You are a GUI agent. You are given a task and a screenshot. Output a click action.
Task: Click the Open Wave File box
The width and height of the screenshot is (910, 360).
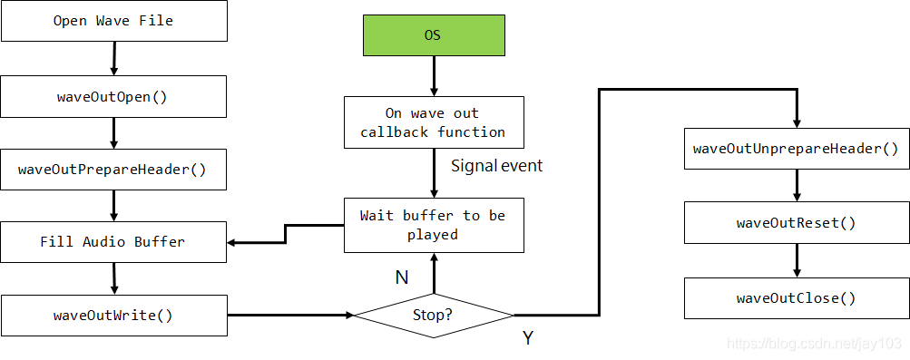pyautogui.click(x=113, y=21)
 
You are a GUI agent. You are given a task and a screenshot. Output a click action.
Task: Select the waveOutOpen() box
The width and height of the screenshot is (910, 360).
pyautogui.click(x=113, y=95)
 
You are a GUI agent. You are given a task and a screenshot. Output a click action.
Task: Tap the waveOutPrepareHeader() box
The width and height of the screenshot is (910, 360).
pyautogui.click(x=113, y=169)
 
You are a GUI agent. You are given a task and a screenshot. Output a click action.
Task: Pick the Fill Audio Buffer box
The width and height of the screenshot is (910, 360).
pyautogui.click(x=113, y=242)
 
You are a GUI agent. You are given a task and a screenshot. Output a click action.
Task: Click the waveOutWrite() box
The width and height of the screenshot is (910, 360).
pyautogui.click(x=113, y=316)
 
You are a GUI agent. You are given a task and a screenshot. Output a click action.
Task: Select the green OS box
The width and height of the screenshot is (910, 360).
pyautogui.click(x=434, y=36)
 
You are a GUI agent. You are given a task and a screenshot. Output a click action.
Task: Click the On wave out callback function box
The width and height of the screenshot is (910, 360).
pyautogui.click(x=434, y=122)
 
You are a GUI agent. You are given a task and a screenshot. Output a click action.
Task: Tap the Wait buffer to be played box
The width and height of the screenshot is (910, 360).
pyautogui.click(x=434, y=225)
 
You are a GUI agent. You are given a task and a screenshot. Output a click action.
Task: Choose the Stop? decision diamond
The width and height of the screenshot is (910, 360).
pyautogui.click(x=434, y=316)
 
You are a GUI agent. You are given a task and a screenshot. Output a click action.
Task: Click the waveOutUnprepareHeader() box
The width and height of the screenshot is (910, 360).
pyautogui.click(x=796, y=149)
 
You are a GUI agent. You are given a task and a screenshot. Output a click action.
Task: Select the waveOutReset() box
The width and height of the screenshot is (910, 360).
pyautogui.click(x=796, y=223)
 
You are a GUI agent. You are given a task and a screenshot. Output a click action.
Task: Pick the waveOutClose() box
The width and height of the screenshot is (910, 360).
pyautogui.click(x=796, y=297)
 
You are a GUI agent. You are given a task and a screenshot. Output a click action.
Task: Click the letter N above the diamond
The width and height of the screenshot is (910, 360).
pyautogui.click(x=401, y=277)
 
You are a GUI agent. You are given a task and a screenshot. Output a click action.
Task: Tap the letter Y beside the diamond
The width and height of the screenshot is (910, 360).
pyautogui.click(x=527, y=338)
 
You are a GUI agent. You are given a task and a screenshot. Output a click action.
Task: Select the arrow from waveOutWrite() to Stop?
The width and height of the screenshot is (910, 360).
pyautogui.click(x=290, y=316)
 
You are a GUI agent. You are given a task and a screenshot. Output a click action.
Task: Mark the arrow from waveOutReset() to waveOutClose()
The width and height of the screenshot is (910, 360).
pyautogui.click(x=796, y=260)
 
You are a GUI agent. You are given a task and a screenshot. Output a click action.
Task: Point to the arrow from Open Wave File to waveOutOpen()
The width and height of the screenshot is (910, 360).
pyautogui.click(x=113, y=58)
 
